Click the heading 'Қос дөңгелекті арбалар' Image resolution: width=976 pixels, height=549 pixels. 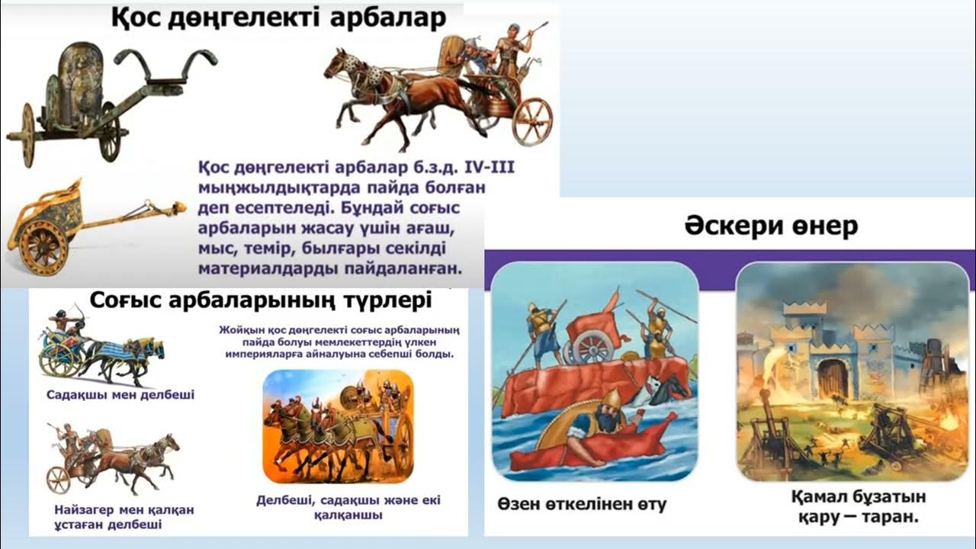pos(279,18)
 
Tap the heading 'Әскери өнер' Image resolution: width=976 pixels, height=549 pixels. pos(771,226)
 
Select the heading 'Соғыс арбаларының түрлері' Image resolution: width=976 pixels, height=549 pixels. pos(261,300)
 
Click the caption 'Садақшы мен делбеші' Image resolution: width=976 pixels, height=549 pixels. pos(110,395)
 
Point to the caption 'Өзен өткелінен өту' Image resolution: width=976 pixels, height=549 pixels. pos(582,504)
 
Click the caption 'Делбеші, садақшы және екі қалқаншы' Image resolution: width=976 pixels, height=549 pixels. pos(348,507)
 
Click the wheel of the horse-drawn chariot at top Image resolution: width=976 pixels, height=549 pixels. pos(531,120)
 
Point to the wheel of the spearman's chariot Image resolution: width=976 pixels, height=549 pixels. pos(59,479)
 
